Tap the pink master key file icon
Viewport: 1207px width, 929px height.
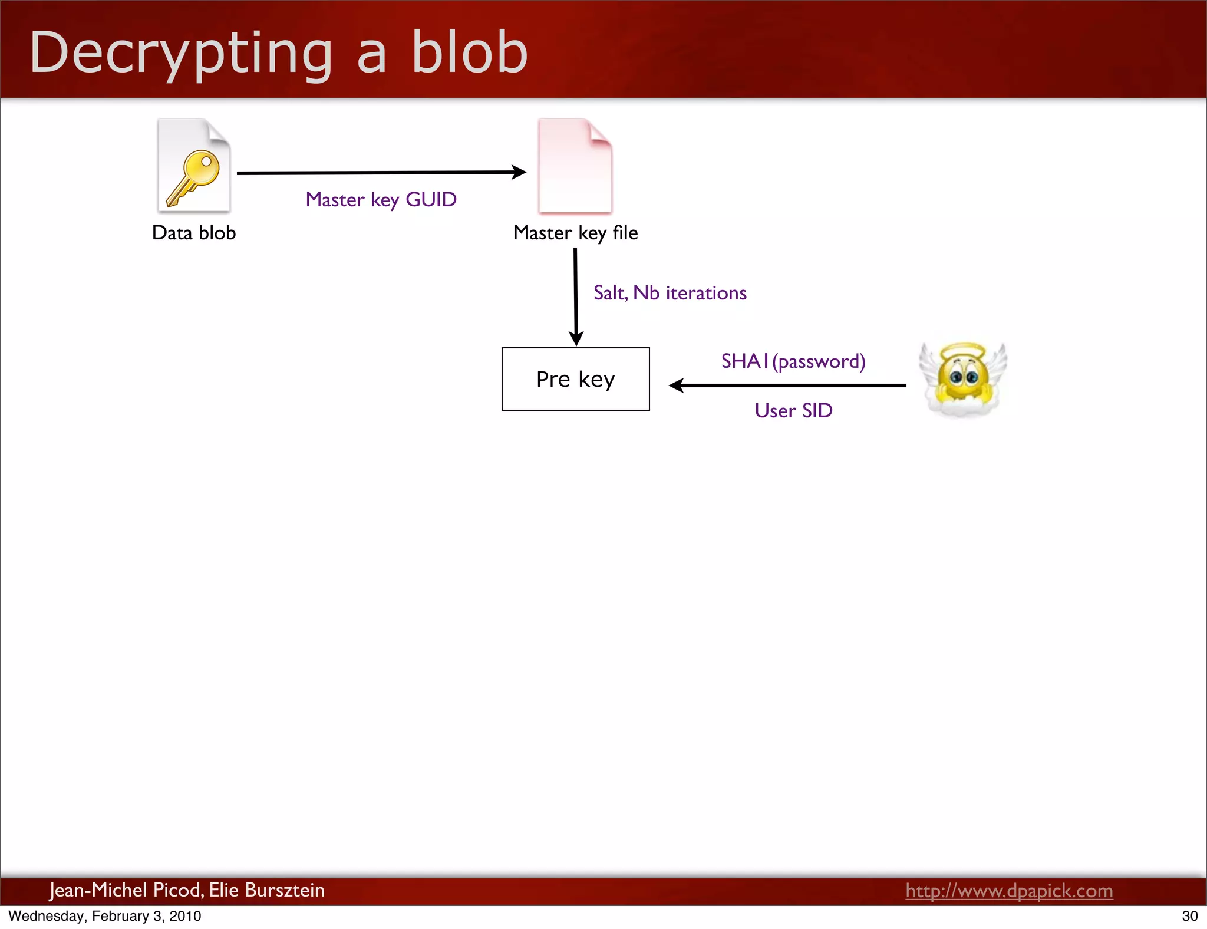click(575, 167)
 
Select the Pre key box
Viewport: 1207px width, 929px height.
click(575, 379)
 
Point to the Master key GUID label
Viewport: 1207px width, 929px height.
click(381, 200)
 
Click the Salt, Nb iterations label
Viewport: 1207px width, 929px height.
click(670, 293)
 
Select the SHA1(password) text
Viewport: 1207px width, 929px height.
click(793, 361)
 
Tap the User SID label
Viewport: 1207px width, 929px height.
click(793, 410)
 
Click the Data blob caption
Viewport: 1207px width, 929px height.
click(194, 233)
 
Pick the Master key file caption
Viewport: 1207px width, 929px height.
click(575, 233)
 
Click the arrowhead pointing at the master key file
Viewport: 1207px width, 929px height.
click(519, 172)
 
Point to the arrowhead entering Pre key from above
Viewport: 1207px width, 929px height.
click(576, 338)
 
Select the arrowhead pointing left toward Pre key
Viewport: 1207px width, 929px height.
click(677, 386)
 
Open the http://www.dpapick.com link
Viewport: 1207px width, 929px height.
click(1009, 891)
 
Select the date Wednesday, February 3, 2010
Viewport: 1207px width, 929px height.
click(105, 916)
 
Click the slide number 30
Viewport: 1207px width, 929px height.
click(1189, 916)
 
